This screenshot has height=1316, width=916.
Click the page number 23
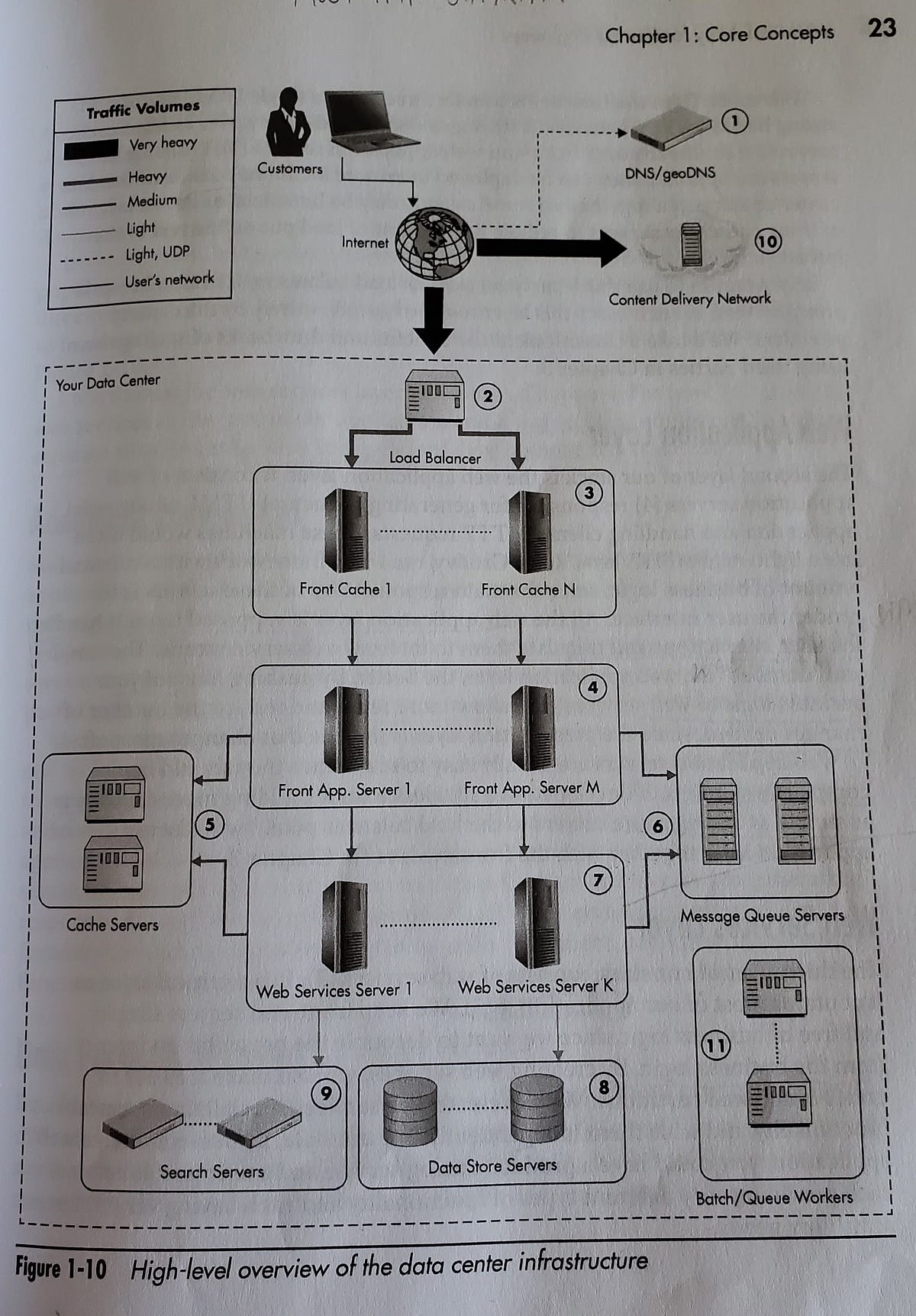coord(882,28)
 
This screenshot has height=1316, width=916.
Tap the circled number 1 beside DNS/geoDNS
coord(734,121)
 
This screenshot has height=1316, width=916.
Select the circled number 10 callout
coord(767,242)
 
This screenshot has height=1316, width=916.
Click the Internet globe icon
coord(434,244)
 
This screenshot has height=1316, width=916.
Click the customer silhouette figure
coord(288,122)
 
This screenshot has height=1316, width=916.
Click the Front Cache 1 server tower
coord(346,531)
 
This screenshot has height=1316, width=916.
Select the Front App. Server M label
coord(531,788)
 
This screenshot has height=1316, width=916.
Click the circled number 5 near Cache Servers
coord(209,824)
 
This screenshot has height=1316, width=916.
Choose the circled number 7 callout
coord(598,880)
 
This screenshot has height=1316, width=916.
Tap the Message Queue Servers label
coord(762,914)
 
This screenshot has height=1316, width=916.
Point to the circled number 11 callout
coord(715,1045)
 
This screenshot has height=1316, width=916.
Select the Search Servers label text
coord(211,1171)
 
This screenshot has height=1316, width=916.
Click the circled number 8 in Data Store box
coord(603,1087)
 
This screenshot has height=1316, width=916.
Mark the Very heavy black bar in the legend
coord(91,148)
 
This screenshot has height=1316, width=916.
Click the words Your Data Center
coord(108,382)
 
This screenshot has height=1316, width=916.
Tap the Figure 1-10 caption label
coord(60,1269)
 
